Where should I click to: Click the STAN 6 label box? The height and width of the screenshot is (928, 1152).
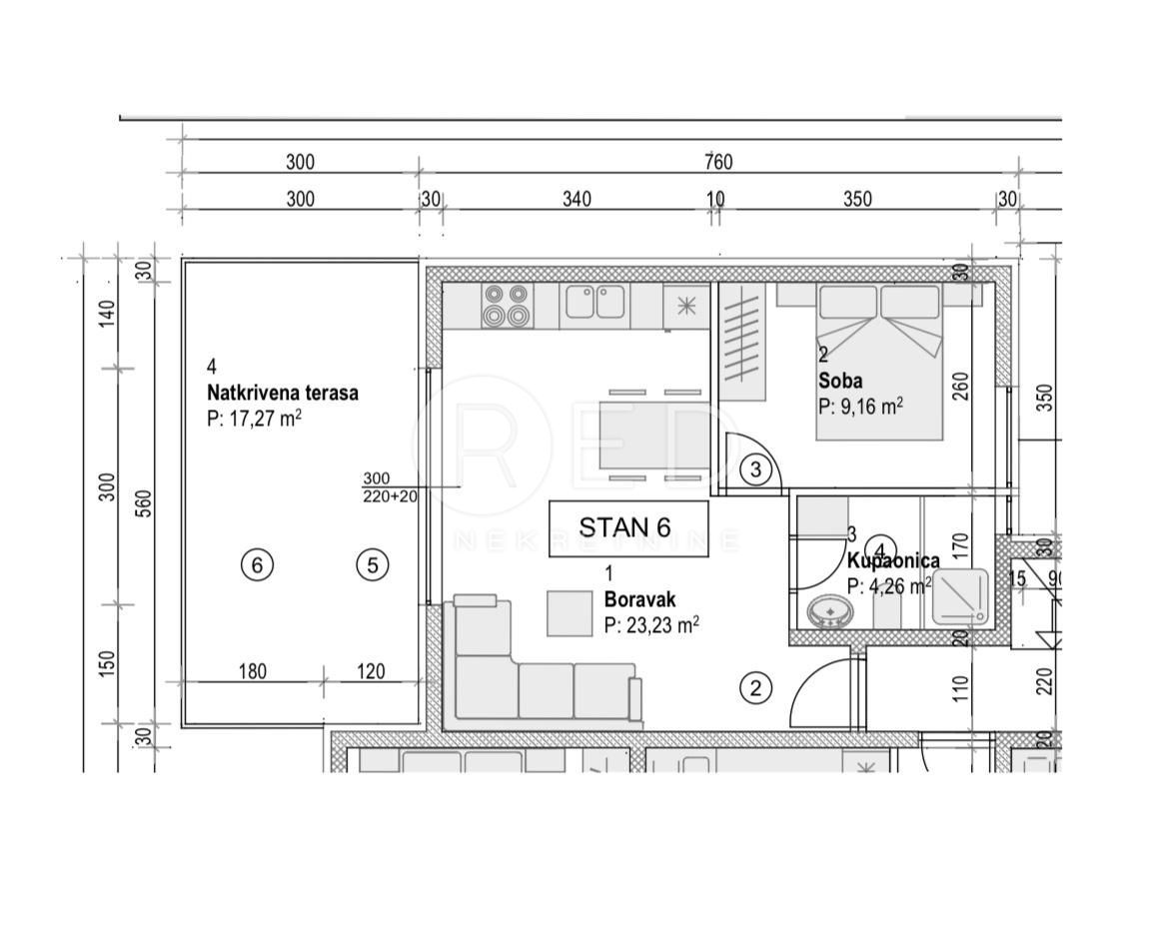pyautogui.click(x=628, y=526)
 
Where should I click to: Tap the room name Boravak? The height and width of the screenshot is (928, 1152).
pyautogui.click(x=639, y=600)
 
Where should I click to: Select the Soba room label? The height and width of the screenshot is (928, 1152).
pyautogui.click(x=839, y=381)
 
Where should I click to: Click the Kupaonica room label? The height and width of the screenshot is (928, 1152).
pyautogui.click(x=892, y=561)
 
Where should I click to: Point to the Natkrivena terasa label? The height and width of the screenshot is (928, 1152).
pyautogui.click(x=282, y=393)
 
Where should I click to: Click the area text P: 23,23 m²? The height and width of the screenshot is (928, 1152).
pyautogui.click(x=650, y=625)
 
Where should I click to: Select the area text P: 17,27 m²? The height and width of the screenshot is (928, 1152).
pyautogui.click(x=254, y=419)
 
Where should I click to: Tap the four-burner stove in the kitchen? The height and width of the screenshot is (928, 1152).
pyautogui.click(x=506, y=305)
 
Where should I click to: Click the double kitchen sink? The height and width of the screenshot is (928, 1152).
pyautogui.click(x=595, y=302)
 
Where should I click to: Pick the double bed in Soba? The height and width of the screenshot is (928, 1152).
pyautogui.click(x=879, y=360)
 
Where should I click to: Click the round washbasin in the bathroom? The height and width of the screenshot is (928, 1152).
pyautogui.click(x=828, y=611)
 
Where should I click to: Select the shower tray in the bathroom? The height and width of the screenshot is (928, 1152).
pyautogui.click(x=960, y=597)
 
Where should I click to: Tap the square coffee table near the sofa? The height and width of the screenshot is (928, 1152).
pyautogui.click(x=569, y=613)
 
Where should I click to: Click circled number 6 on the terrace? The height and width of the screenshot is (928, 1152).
pyautogui.click(x=257, y=565)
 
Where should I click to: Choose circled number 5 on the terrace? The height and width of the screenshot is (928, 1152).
pyautogui.click(x=373, y=565)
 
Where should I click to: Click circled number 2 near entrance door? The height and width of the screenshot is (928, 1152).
pyautogui.click(x=755, y=687)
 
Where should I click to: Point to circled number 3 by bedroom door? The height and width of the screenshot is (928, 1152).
pyautogui.click(x=756, y=468)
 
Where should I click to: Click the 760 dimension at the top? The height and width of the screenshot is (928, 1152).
pyautogui.click(x=717, y=163)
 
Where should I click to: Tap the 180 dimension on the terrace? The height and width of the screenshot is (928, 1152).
pyautogui.click(x=253, y=671)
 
